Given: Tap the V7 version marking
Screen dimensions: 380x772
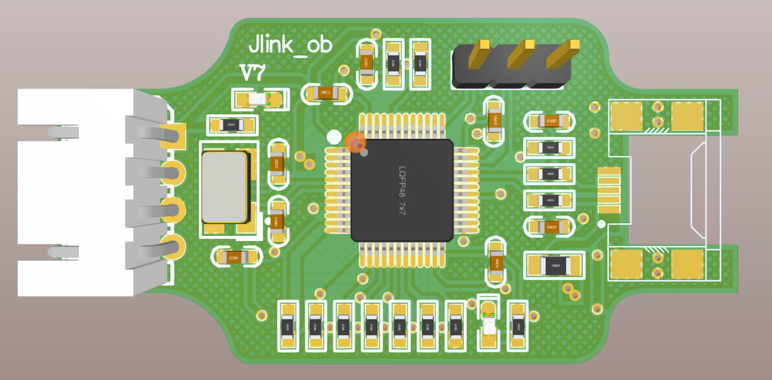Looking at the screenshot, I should [x=252, y=73].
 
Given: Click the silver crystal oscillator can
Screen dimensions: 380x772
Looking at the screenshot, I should [x=224, y=187].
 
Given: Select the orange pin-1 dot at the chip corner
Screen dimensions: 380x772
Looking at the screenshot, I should [x=355, y=142].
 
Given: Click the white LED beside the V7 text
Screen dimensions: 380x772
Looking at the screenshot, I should [x=259, y=99].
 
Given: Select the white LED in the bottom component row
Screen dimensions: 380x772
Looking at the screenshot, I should [x=489, y=325].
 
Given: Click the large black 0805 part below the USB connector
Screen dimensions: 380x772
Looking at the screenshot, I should [x=554, y=265].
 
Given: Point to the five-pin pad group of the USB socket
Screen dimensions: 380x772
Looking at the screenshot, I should [x=609, y=190].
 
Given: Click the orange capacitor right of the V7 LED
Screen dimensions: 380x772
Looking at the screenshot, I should [x=325, y=93].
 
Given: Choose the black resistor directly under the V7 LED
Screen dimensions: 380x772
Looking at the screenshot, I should [x=232, y=125].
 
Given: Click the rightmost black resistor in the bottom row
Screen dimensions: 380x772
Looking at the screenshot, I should [x=517, y=326].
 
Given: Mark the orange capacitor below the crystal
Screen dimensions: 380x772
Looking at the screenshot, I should [x=237, y=257].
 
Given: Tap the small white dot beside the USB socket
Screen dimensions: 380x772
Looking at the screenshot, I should [x=601, y=224].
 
